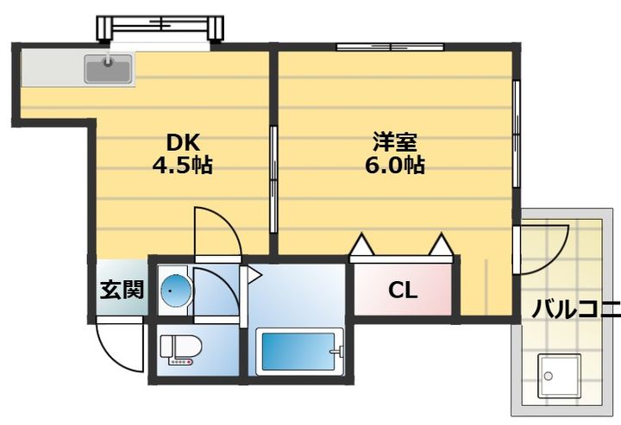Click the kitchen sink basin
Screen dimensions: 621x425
[108, 68]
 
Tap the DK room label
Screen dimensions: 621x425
[183, 142]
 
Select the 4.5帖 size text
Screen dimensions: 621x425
[183, 165]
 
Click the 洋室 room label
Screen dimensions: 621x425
[394, 142]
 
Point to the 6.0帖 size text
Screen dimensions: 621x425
[394, 165]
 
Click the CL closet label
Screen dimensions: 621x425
[403, 291]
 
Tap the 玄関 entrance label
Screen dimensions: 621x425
[122, 290]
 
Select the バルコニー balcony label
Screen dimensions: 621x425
[576, 309]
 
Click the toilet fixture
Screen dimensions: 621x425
[180, 350]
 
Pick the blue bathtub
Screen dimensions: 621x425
[299, 352]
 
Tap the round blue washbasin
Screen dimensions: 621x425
[176, 291]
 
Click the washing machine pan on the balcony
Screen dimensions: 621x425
[559, 376]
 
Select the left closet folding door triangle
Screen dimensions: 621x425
[362, 245]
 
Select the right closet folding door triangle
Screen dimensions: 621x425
[441, 245]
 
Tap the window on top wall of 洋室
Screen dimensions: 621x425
[390, 47]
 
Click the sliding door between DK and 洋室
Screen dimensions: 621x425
[273, 179]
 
